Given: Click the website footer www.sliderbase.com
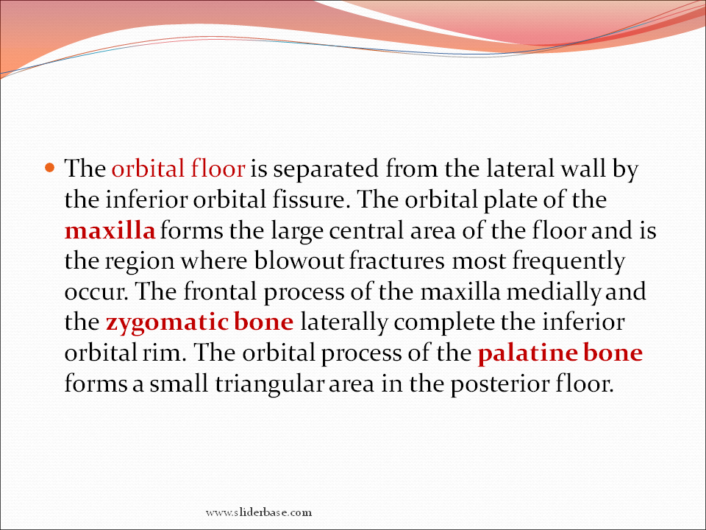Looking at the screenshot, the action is [258, 512].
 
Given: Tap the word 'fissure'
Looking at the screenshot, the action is [311, 199].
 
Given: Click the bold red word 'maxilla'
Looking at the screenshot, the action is [110, 230].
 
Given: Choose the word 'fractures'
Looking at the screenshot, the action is [396, 261].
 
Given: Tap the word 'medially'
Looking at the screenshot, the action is [553, 292].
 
